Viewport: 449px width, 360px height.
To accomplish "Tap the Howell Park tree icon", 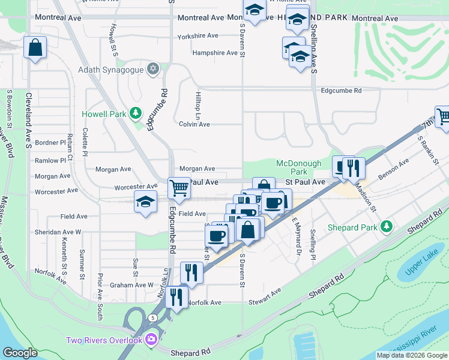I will [136, 113].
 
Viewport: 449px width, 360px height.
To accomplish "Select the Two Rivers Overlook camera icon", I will [151, 340].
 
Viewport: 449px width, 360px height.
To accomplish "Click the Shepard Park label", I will [352, 227].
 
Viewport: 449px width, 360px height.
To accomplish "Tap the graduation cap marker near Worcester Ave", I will [145, 203].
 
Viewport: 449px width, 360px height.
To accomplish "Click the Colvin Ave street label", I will [194, 124].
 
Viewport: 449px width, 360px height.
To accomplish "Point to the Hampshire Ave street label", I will [215, 53].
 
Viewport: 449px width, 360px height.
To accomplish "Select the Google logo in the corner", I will [20, 353].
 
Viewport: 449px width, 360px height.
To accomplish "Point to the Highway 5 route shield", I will [154, 317].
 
